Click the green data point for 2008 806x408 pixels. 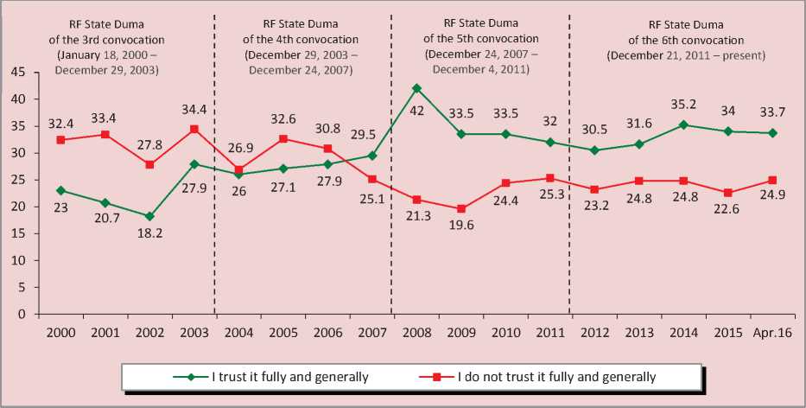tap(416, 88)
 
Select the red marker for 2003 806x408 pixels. tap(194, 129)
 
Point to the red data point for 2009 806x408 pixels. tap(461, 208)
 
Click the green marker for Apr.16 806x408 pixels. tap(772, 133)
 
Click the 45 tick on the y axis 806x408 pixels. tap(18, 73)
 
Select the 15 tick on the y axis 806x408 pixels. tap(18, 233)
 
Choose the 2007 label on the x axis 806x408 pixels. tap(371, 333)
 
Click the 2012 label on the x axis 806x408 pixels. tap(594, 333)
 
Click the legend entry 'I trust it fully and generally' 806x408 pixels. tap(290, 376)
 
